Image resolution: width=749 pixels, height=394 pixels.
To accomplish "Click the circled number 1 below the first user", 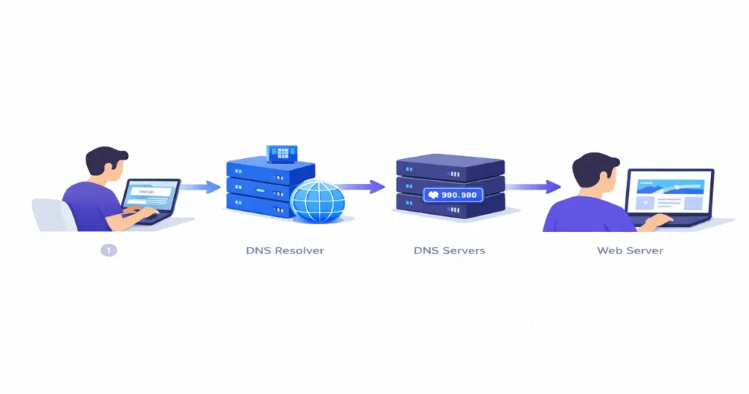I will tap(108, 250).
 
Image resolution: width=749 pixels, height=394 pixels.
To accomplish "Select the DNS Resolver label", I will tap(285, 250).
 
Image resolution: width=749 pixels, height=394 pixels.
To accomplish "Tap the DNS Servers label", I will tap(449, 250).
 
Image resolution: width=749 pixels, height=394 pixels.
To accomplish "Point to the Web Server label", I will tap(630, 250).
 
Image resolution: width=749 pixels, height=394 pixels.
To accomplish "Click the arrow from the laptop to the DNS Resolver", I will tap(200, 187).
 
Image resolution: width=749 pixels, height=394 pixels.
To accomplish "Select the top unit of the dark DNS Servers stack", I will tap(451, 166).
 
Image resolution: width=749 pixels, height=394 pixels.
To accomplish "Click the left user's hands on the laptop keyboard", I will tap(143, 213).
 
